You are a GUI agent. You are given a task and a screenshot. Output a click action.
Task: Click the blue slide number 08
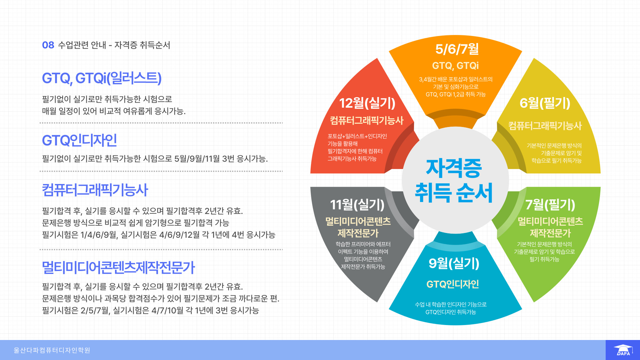point(48,45)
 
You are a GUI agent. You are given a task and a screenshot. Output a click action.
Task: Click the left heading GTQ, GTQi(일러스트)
point(102,78)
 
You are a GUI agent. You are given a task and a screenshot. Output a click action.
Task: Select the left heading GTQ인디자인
point(79,140)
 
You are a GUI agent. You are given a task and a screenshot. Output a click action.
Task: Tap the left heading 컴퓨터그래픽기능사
point(95,190)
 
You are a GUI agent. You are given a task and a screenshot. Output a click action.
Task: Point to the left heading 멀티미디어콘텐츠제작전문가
point(118,268)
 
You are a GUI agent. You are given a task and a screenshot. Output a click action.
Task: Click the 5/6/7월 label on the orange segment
point(457,49)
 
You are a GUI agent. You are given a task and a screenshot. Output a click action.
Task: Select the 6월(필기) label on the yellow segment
point(545,103)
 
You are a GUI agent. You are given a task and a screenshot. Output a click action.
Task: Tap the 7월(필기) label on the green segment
point(550,205)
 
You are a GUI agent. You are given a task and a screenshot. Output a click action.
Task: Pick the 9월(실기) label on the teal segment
point(454,263)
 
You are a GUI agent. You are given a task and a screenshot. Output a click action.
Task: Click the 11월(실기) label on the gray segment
point(357,205)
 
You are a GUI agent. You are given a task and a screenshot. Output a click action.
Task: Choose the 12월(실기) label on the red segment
point(367,103)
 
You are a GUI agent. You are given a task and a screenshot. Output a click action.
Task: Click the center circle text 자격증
point(454,168)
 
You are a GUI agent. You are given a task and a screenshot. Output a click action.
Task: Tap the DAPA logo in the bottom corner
point(623,350)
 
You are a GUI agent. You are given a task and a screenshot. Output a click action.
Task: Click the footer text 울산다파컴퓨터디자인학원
point(52,350)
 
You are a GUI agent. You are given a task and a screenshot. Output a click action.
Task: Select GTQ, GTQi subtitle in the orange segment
point(455,66)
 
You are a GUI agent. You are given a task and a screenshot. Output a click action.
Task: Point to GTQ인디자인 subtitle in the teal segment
point(453,284)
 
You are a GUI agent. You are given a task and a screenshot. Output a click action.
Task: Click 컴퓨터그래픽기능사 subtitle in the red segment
point(367,120)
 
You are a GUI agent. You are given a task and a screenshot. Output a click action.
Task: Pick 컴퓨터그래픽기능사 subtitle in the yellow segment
point(545,126)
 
